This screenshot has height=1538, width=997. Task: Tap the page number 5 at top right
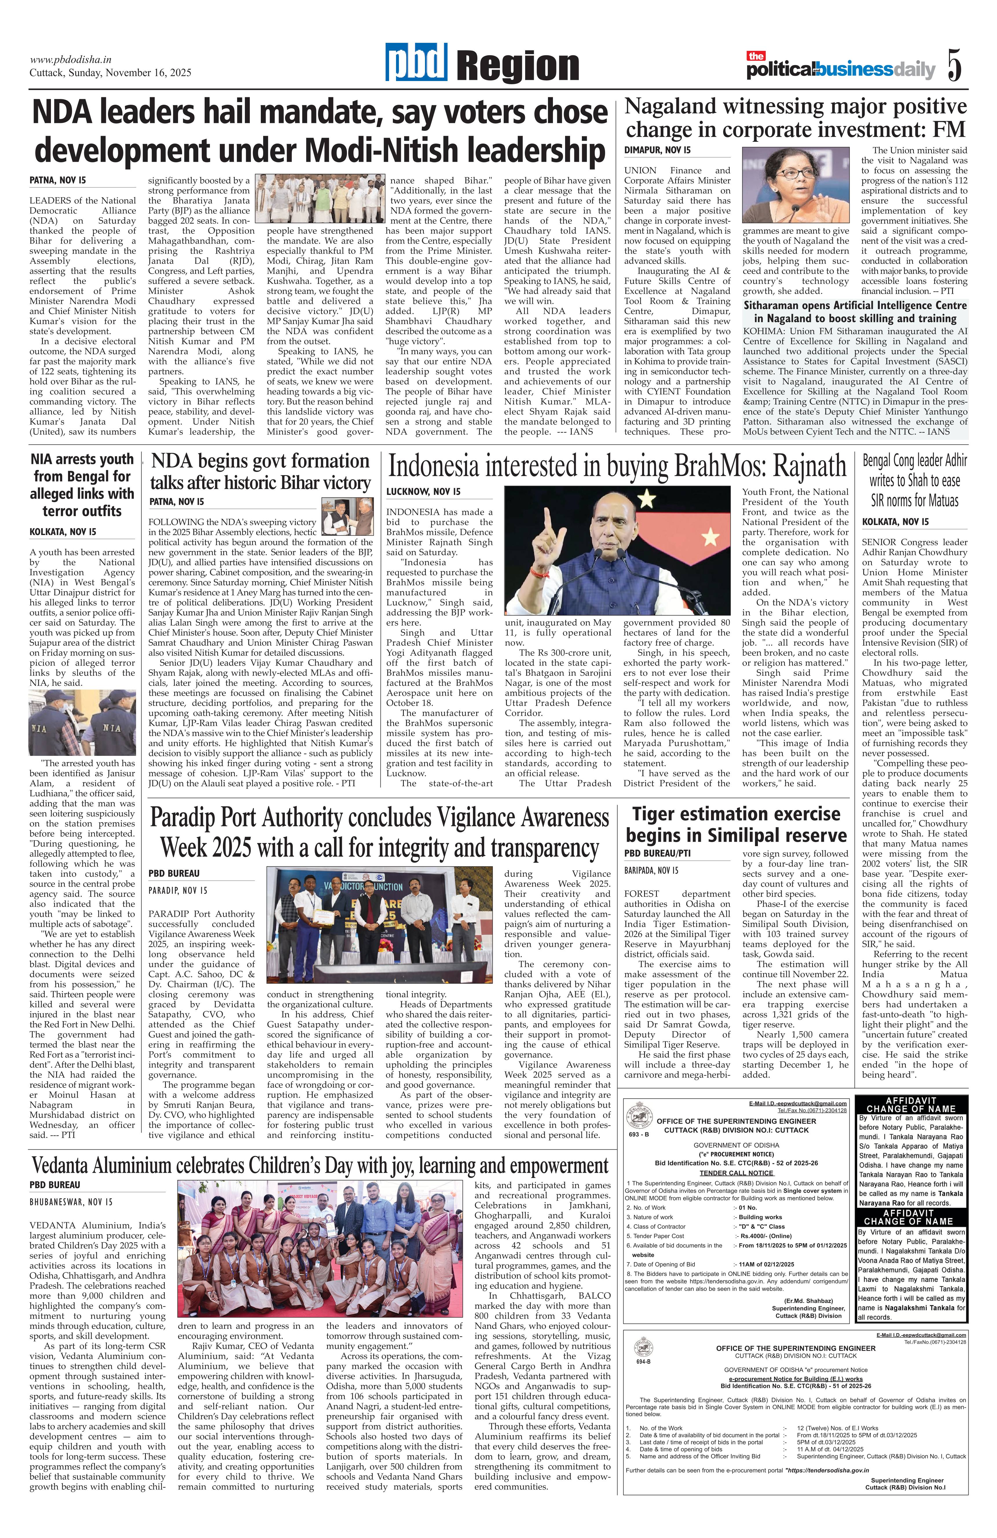954,65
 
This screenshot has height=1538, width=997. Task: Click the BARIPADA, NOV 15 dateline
651,870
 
